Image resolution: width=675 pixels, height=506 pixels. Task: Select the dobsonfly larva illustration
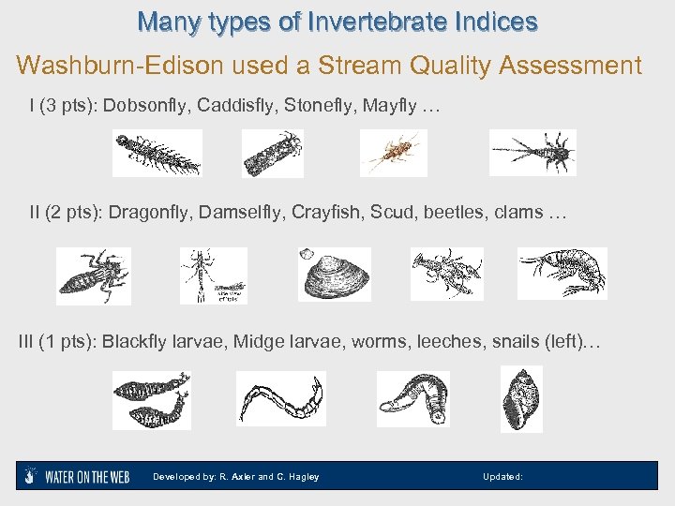coord(157,153)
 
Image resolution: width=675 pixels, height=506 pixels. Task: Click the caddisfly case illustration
coord(272,153)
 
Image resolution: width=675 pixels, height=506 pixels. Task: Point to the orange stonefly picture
coord(393,152)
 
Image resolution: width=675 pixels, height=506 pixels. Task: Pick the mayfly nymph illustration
coord(532,152)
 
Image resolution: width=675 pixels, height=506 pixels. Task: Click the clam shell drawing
coord(335,275)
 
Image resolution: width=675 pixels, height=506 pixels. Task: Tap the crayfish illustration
coord(446,274)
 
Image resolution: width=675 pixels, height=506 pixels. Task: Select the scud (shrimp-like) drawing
coord(563,273)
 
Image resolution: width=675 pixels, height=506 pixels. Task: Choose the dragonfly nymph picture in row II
coord(93,275)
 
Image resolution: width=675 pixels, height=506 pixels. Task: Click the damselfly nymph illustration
coord(213,275)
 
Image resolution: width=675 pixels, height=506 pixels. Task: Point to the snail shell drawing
coord(521,400)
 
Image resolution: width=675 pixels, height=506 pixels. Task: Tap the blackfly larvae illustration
coord(151,399)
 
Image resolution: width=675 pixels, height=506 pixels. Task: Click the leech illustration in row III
coord(412,397)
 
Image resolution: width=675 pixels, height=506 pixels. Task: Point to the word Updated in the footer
coord(501,477)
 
